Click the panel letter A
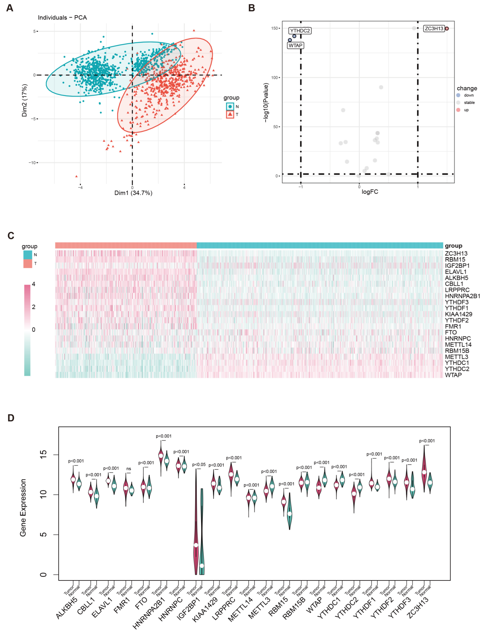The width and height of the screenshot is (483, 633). coord(10,8)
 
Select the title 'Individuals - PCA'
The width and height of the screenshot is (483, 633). coord(62,18)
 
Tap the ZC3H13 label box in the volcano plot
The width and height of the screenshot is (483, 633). coord(434,29)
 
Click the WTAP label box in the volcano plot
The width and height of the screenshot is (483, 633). coord(295,45)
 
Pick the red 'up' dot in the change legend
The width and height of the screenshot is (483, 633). coord(458,110)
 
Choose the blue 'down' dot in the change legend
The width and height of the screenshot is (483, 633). coord(458,95)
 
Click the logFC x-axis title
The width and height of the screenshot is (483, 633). coord(370,192)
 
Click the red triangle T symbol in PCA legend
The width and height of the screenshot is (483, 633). coord(230,114)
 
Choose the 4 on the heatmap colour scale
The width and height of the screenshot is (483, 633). coord(34,284)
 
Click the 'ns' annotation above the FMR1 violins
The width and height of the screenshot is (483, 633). coord(128,469)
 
